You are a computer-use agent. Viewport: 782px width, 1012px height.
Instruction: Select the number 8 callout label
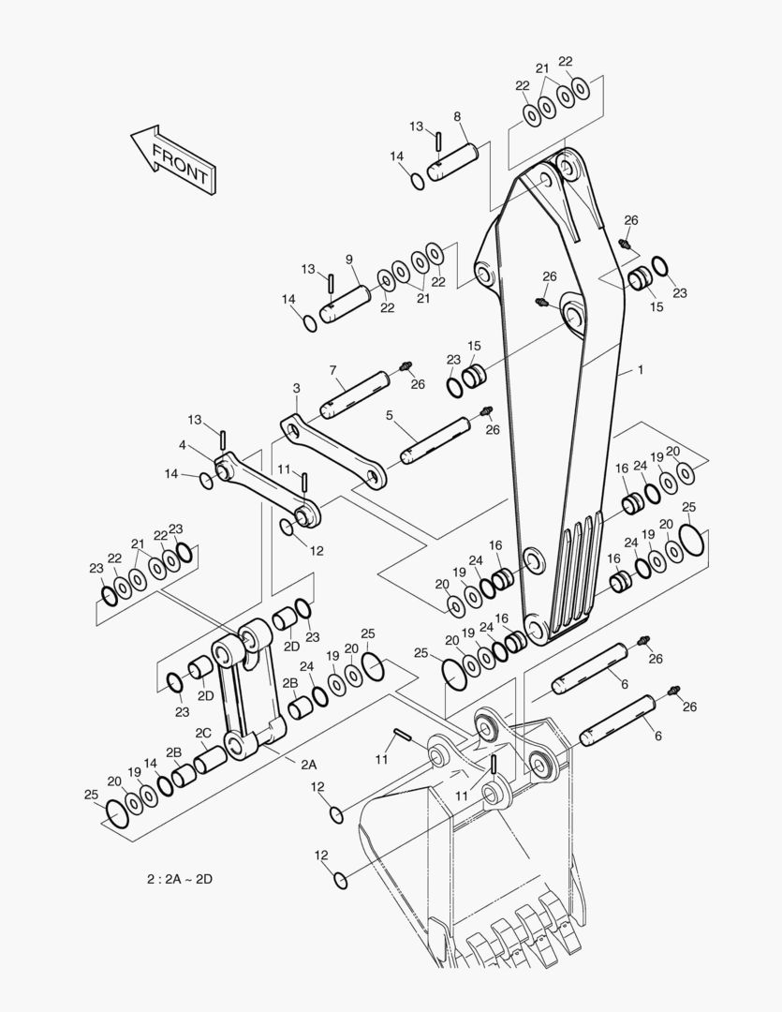[x=457, y=117]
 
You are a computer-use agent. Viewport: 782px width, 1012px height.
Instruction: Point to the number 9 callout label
[x=349, y=260]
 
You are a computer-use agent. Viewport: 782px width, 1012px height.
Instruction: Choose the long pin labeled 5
[x=435, y=440]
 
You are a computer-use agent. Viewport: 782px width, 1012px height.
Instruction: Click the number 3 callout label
[x=296, y=389]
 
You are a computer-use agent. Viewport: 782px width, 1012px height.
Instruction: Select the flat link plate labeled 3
[x=332, y=451]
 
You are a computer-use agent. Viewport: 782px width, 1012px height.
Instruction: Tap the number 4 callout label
[x=183, y=445]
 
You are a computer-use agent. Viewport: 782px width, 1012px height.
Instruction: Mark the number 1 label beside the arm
[x=640, y=370]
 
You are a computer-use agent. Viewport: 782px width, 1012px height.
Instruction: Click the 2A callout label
[x=309, y=765]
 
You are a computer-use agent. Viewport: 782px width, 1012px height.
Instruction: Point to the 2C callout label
[x=203, y=733]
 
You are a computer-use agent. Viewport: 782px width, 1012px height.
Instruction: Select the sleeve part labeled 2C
[x=211, y=758]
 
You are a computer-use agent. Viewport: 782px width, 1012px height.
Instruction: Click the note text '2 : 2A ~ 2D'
[x=180, y=878]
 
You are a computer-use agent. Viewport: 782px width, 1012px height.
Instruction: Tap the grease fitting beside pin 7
[x=406, y=367]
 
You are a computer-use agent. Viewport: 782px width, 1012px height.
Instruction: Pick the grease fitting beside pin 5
[x=486, y=411]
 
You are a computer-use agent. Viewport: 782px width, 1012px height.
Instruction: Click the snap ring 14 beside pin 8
[x=418, y=182]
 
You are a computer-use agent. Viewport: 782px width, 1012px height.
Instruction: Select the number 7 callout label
[x=332, y=370]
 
